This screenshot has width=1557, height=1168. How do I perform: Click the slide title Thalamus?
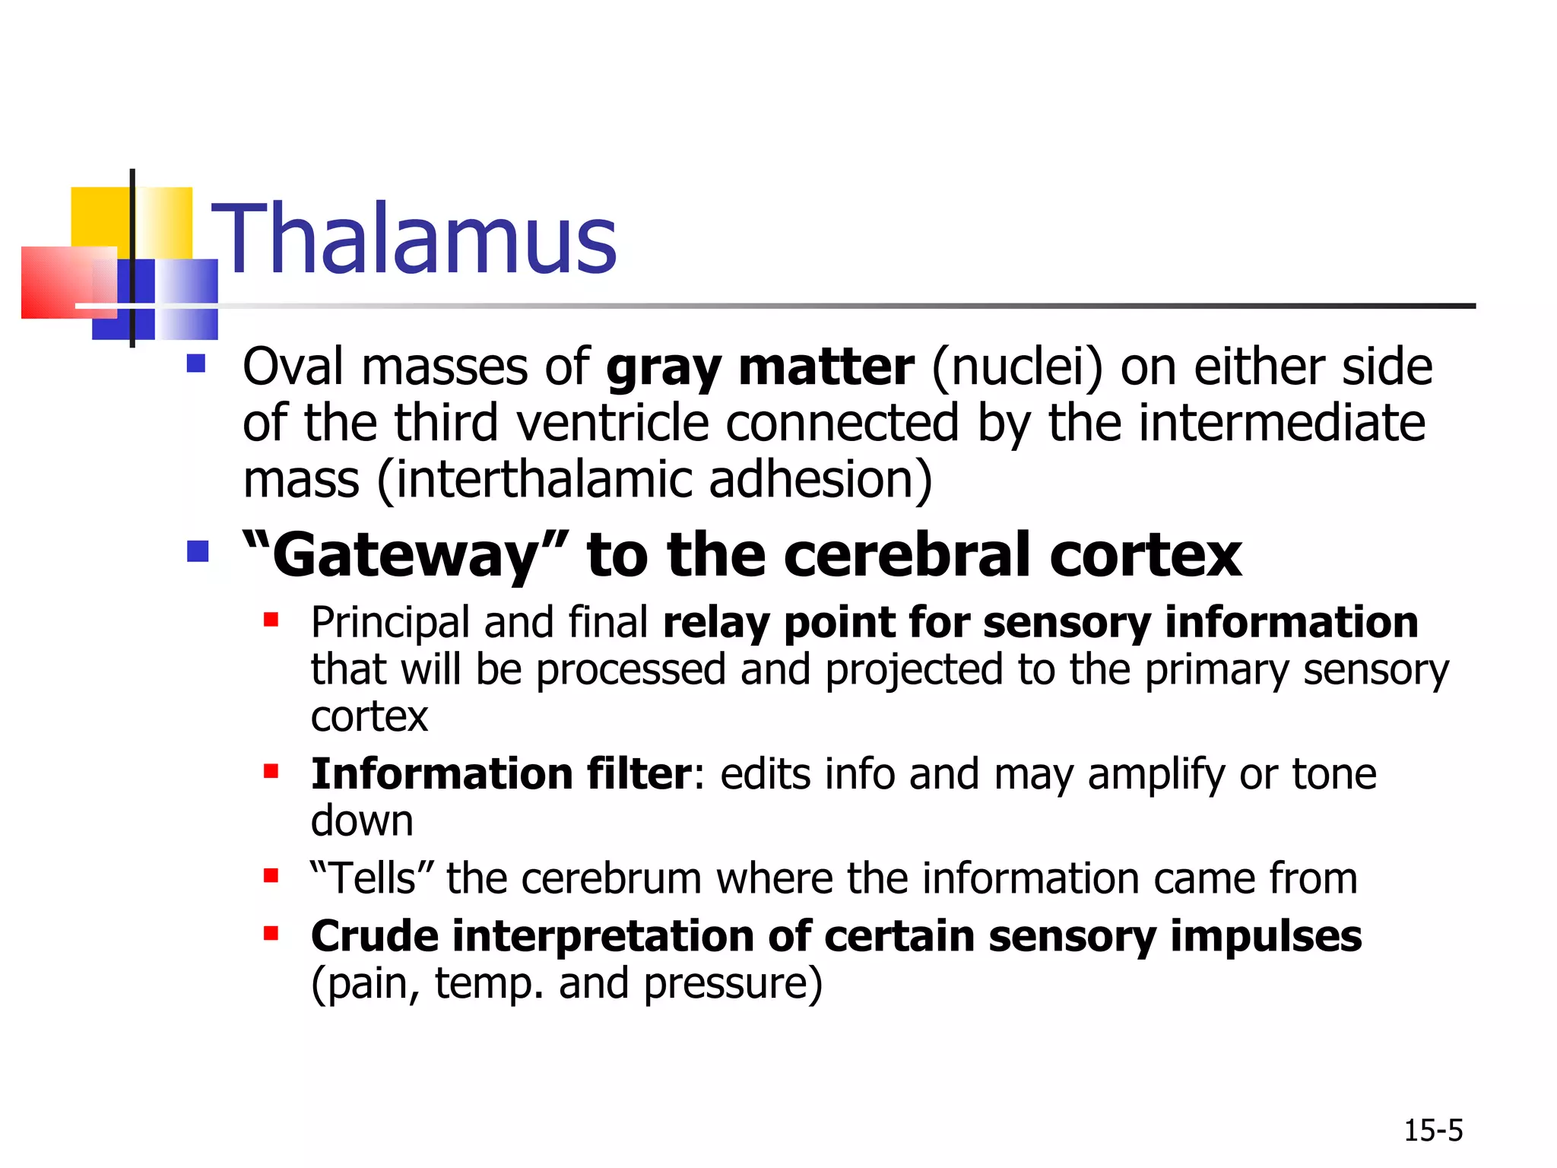(x=414, y=238)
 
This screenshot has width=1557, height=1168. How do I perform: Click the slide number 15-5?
(x=1432, y=1131)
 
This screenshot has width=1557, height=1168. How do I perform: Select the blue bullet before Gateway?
(x=198, y=551)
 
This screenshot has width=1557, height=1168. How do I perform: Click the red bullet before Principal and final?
(x=271, y=620)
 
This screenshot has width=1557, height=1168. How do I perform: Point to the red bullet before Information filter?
(x=271, y=772)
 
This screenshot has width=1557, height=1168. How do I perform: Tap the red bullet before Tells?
(x=271, y=876)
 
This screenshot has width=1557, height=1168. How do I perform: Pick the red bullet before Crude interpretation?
(x=271, y=933)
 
